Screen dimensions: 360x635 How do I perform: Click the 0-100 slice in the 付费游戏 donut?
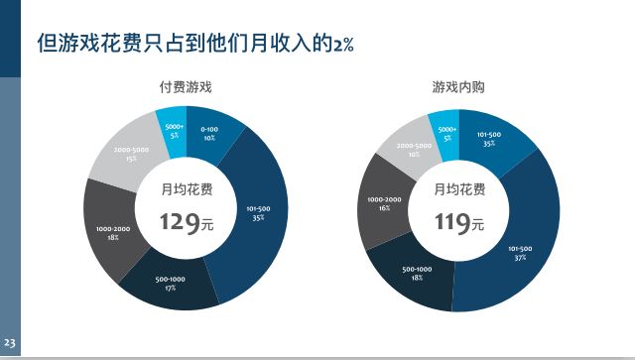pyautogui.click(x=210, y=134)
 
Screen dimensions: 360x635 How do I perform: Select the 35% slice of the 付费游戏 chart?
pyautogui.click(x=257, y=213)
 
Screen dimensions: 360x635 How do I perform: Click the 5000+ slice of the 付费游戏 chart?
pyautogui.click(x=174, y=130)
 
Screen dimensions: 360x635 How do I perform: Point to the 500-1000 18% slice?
pyautogui.click(x=417, y=273)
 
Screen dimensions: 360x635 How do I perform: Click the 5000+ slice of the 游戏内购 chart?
pyautogui.click(x=447, y=132)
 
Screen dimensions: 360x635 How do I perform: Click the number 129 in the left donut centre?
pyautogui.click(x=180, y=221)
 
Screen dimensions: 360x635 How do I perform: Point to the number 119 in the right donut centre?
pyautogui.click(x=452, y=221)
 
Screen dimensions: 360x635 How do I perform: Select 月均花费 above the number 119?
pyautogui.click(x=459, y=188)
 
